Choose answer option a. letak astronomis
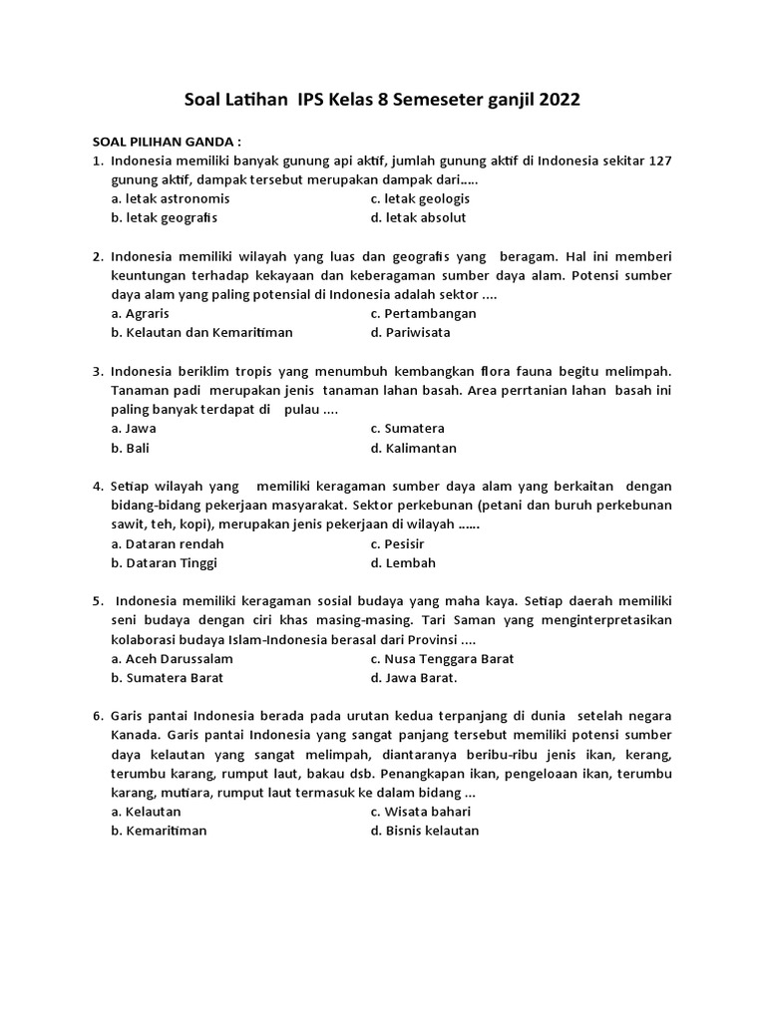(170, 198)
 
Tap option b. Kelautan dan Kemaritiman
(201, 332)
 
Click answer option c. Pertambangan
(423, 313)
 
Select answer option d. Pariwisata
(409, 332)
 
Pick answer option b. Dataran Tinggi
(164, 562)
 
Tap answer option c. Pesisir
(397, 543)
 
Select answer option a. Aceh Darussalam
(172, 658)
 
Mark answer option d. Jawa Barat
(413, 677)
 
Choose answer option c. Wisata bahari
(420, 811)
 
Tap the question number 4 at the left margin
(97, 487)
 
